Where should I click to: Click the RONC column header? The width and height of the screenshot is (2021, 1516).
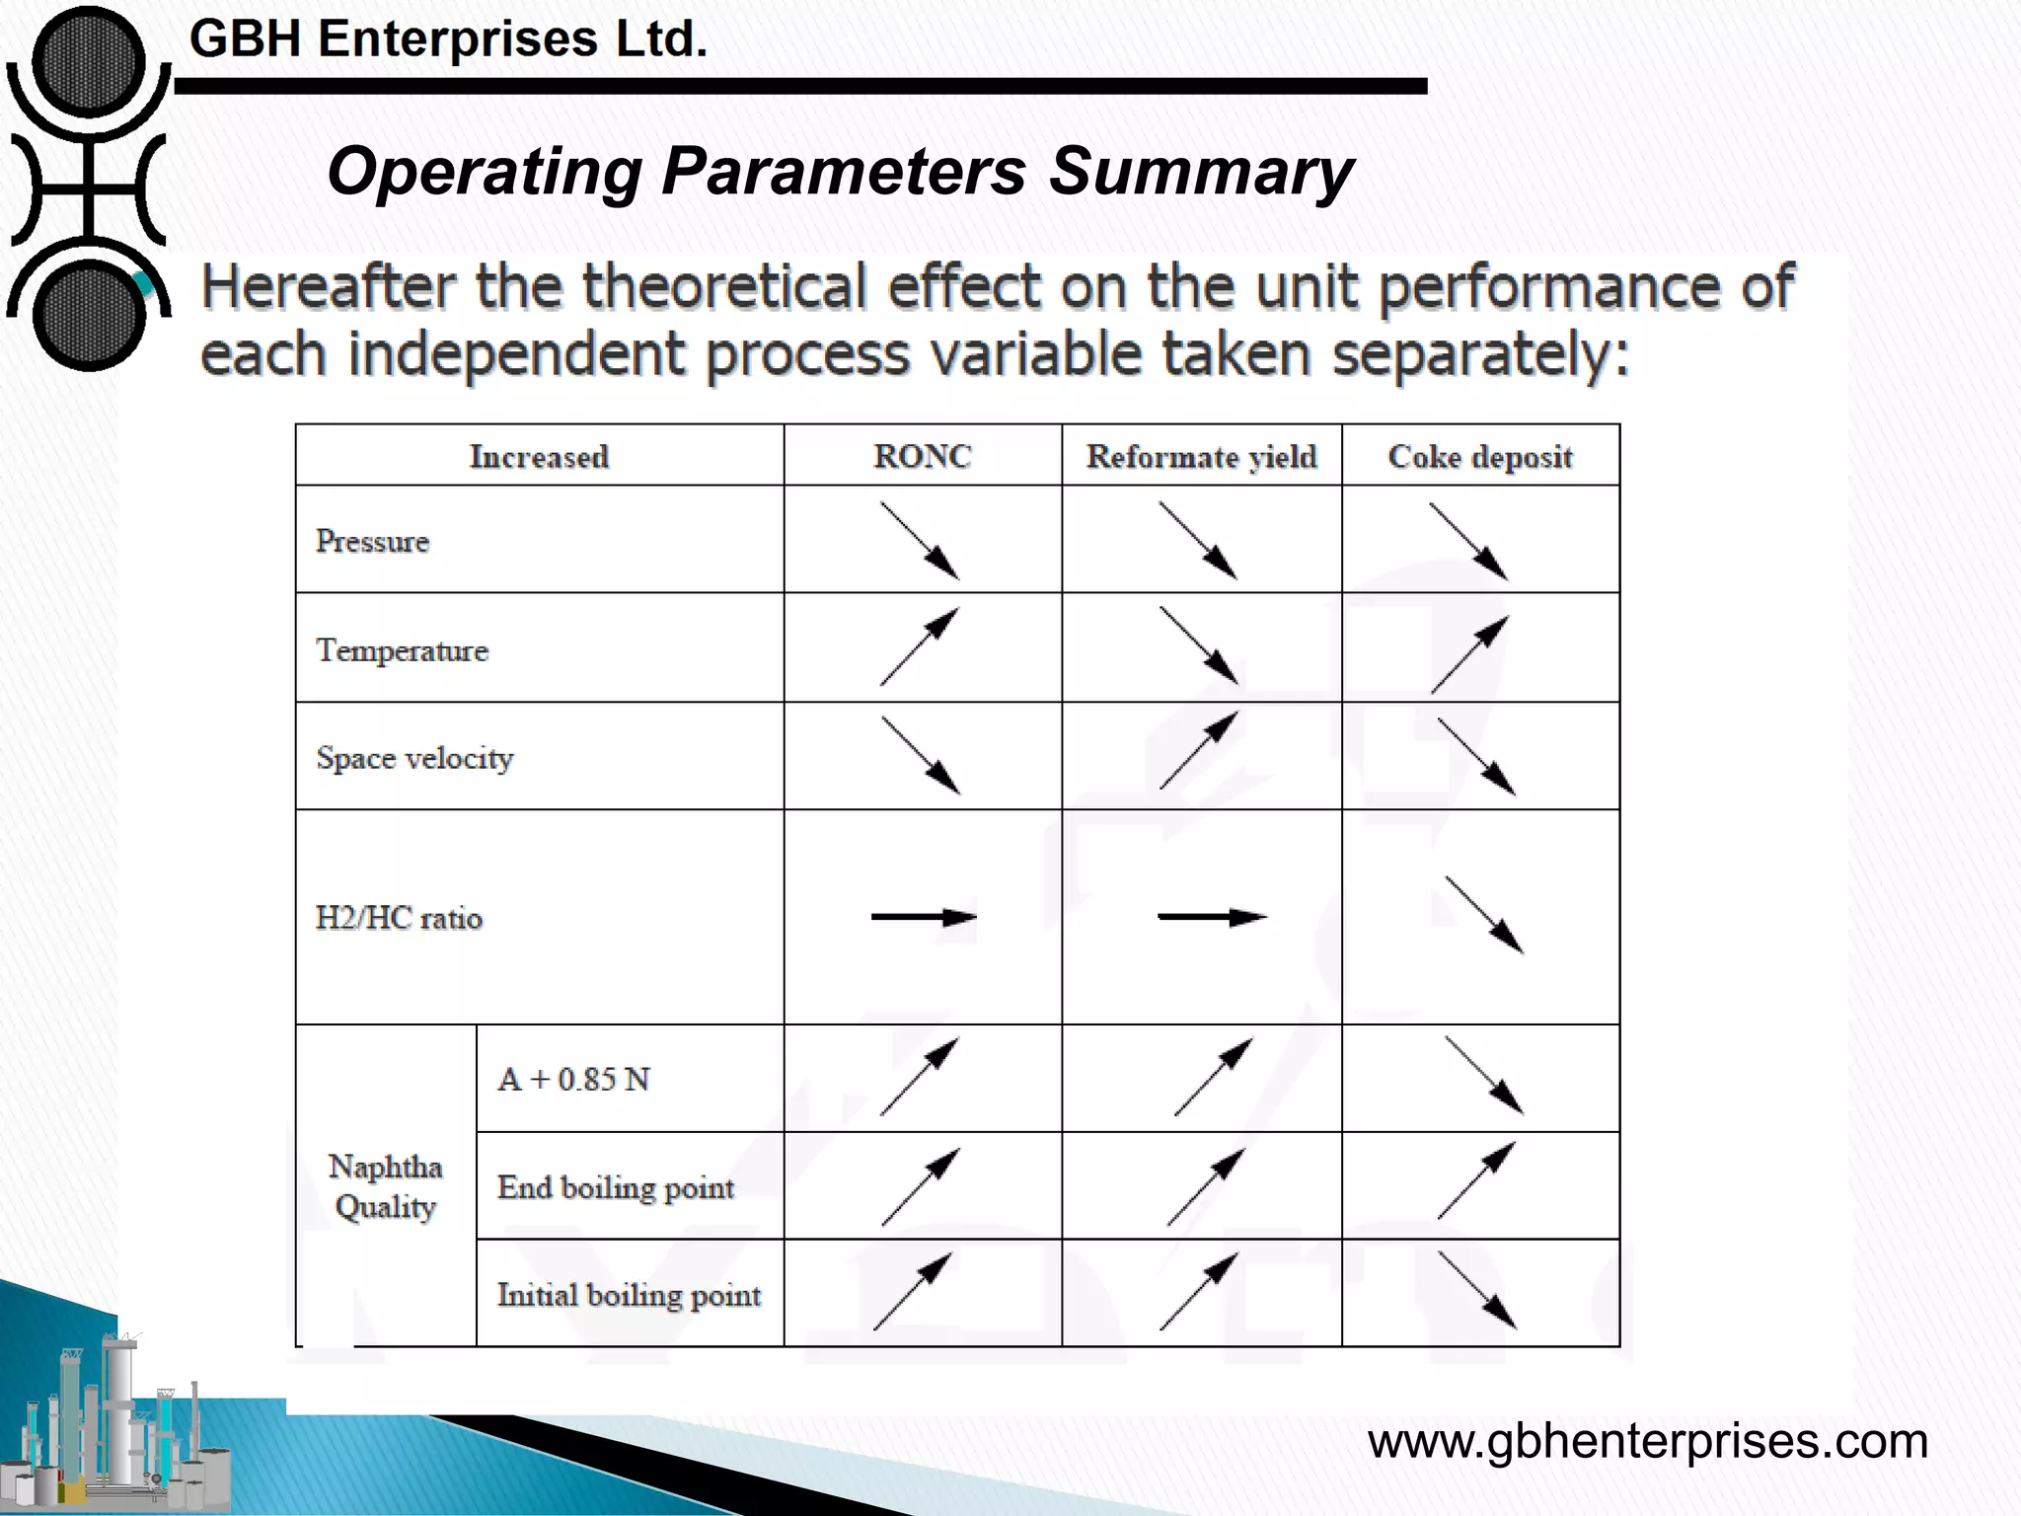pyautogui.click(x=922, y=456)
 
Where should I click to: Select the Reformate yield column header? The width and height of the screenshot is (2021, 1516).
pyautogui.click(x=1201, y=456)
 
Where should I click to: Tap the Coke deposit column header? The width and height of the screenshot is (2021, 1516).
pyautogui.click(x=1479, y=456)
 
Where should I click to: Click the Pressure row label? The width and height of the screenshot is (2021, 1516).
pyautogui.click(x=373, y=541)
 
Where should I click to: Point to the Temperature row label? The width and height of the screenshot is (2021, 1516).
pyautogui.click(x=402, y=650)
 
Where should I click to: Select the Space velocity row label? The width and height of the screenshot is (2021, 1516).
pyautogui.click(x=414, y=758)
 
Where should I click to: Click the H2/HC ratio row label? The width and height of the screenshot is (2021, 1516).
pyautogui.click(x=399, y=918)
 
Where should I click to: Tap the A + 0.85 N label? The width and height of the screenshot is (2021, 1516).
pyautogui.click(x=573, y=1079)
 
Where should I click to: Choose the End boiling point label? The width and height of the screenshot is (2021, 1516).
pyautogui.click(x=616, y=1187)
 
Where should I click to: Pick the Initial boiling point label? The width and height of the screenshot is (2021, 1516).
pyautogui.click(x=629, y=1295)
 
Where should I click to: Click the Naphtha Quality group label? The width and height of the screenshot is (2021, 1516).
pyautogui.click(x=385, y=1186)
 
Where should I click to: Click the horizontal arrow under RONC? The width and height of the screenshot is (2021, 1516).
pyautogui.click(x=923, y=917)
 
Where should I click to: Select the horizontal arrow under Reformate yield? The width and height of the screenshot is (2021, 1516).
pyautogui.click(x=1211, y=917)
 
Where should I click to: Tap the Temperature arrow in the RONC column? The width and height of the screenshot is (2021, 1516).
pyautogui.click(x=919, y=646)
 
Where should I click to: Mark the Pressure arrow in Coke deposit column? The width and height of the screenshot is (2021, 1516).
pyautogui.click(x=1468, y=541)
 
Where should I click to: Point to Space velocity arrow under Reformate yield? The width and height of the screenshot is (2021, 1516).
pyautogui.click(x=1197, y=751)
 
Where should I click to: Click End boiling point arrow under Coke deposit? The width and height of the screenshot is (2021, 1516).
pyautogui.click(x=1476, y=1180)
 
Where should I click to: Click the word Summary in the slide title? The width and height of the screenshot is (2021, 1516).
pyautogui.click(x=1200, y=172)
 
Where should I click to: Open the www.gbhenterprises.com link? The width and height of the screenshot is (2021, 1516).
pyautogui.click(x=1647, y=1441)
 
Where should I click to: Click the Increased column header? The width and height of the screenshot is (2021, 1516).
pyautogui.click(x=539, y=456)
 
